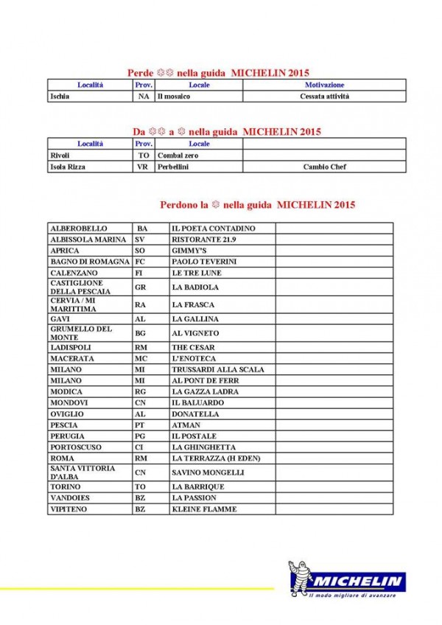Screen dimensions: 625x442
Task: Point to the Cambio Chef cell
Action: point(325,167)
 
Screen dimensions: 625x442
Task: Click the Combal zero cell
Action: point(178,156)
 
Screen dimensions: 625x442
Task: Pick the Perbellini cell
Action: point(173,167)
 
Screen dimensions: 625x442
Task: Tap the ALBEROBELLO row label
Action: point(78,228)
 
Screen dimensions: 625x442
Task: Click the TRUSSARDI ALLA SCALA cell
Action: point(217,369)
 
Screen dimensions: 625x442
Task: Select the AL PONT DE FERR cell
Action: point(208,380)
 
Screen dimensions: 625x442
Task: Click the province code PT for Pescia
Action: point(141,425)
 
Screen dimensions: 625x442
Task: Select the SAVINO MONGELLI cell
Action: point(207,472)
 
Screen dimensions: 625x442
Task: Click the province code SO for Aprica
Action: point(140,251)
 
